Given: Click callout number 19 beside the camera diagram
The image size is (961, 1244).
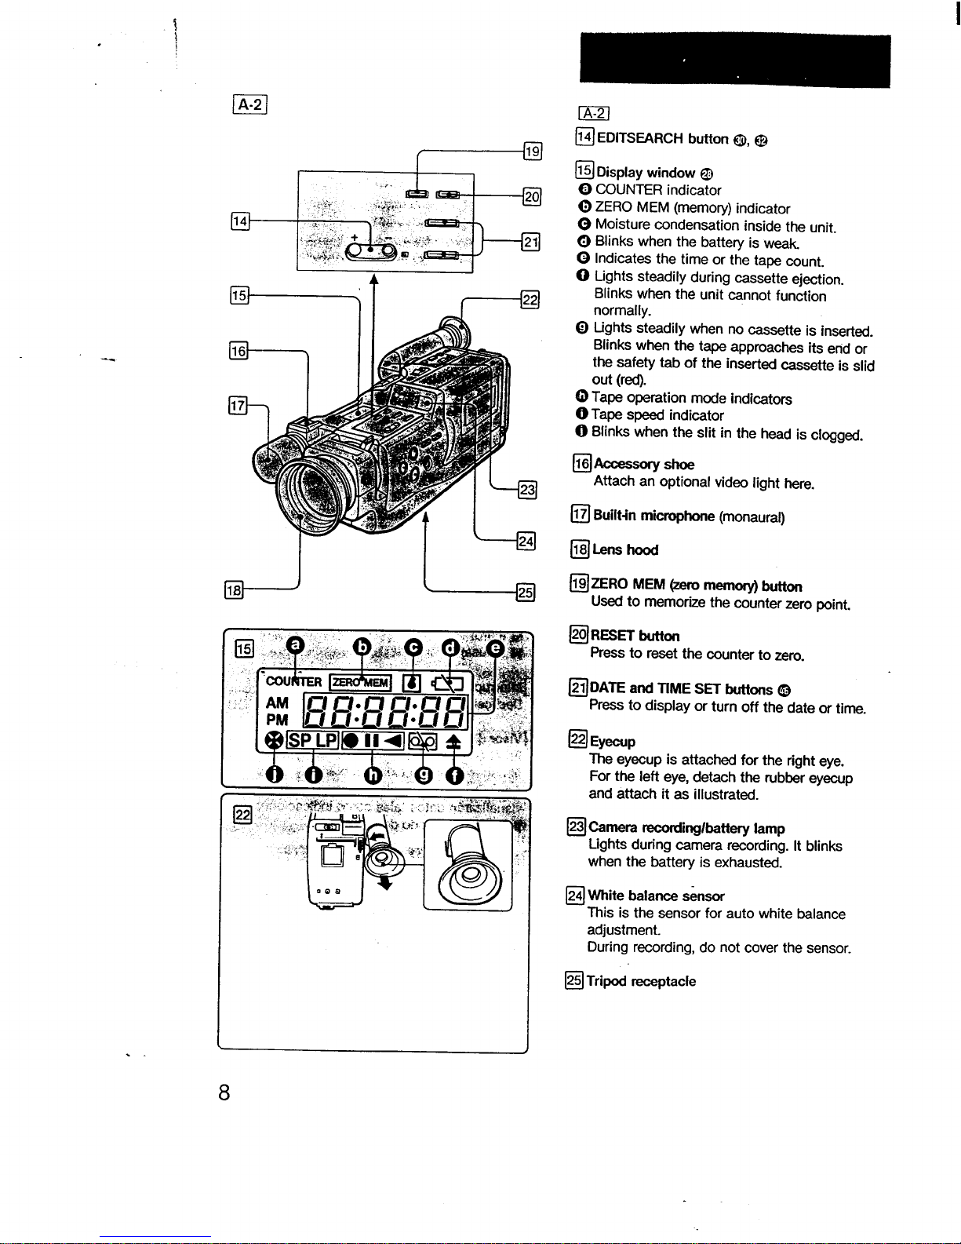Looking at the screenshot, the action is tap(533, 151).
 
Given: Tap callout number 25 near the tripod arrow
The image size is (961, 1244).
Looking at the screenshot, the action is tap(526, 593).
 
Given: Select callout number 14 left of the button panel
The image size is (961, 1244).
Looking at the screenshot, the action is tap(240, 221).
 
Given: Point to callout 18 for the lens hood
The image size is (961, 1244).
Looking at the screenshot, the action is tap(234, 589).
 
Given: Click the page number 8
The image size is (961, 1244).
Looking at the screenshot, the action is tap(224, 1093).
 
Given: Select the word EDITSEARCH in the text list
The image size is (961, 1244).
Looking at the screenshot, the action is tap(639, 139).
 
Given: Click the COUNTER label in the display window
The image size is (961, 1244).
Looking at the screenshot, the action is tap(293, 681).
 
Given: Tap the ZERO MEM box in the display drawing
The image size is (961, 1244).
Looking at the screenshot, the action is tap(360, 682).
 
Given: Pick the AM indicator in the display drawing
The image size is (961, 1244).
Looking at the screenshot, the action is tap(278, 702).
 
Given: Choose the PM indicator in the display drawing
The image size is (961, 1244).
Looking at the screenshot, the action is tap(277, 720).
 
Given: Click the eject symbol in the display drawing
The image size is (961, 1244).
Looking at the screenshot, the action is tap(453, 742).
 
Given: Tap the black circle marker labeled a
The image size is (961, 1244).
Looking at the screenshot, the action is tap(295, 645).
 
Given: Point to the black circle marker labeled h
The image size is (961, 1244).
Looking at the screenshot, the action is tap(373, 775).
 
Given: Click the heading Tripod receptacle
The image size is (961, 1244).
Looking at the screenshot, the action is tap(641, 981).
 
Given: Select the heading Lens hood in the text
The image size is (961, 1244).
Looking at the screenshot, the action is tap(625, 549).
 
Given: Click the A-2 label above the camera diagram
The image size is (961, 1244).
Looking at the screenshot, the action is tap(250, 104).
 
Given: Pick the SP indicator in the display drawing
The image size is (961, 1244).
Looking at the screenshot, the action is tap(300, 741).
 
